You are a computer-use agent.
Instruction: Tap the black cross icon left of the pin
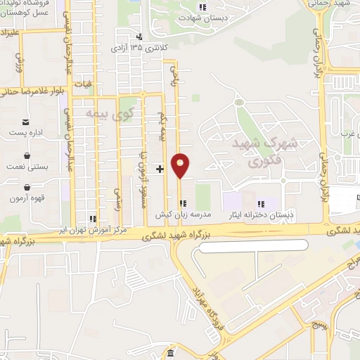(x=160, y=169)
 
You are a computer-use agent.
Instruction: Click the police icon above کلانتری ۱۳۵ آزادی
(x=139, y=37)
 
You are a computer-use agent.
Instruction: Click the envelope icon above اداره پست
(x=25, y=122)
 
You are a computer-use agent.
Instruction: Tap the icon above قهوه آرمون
(x=26, y=188)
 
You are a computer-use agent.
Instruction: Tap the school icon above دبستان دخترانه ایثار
(x=260, y=202)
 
